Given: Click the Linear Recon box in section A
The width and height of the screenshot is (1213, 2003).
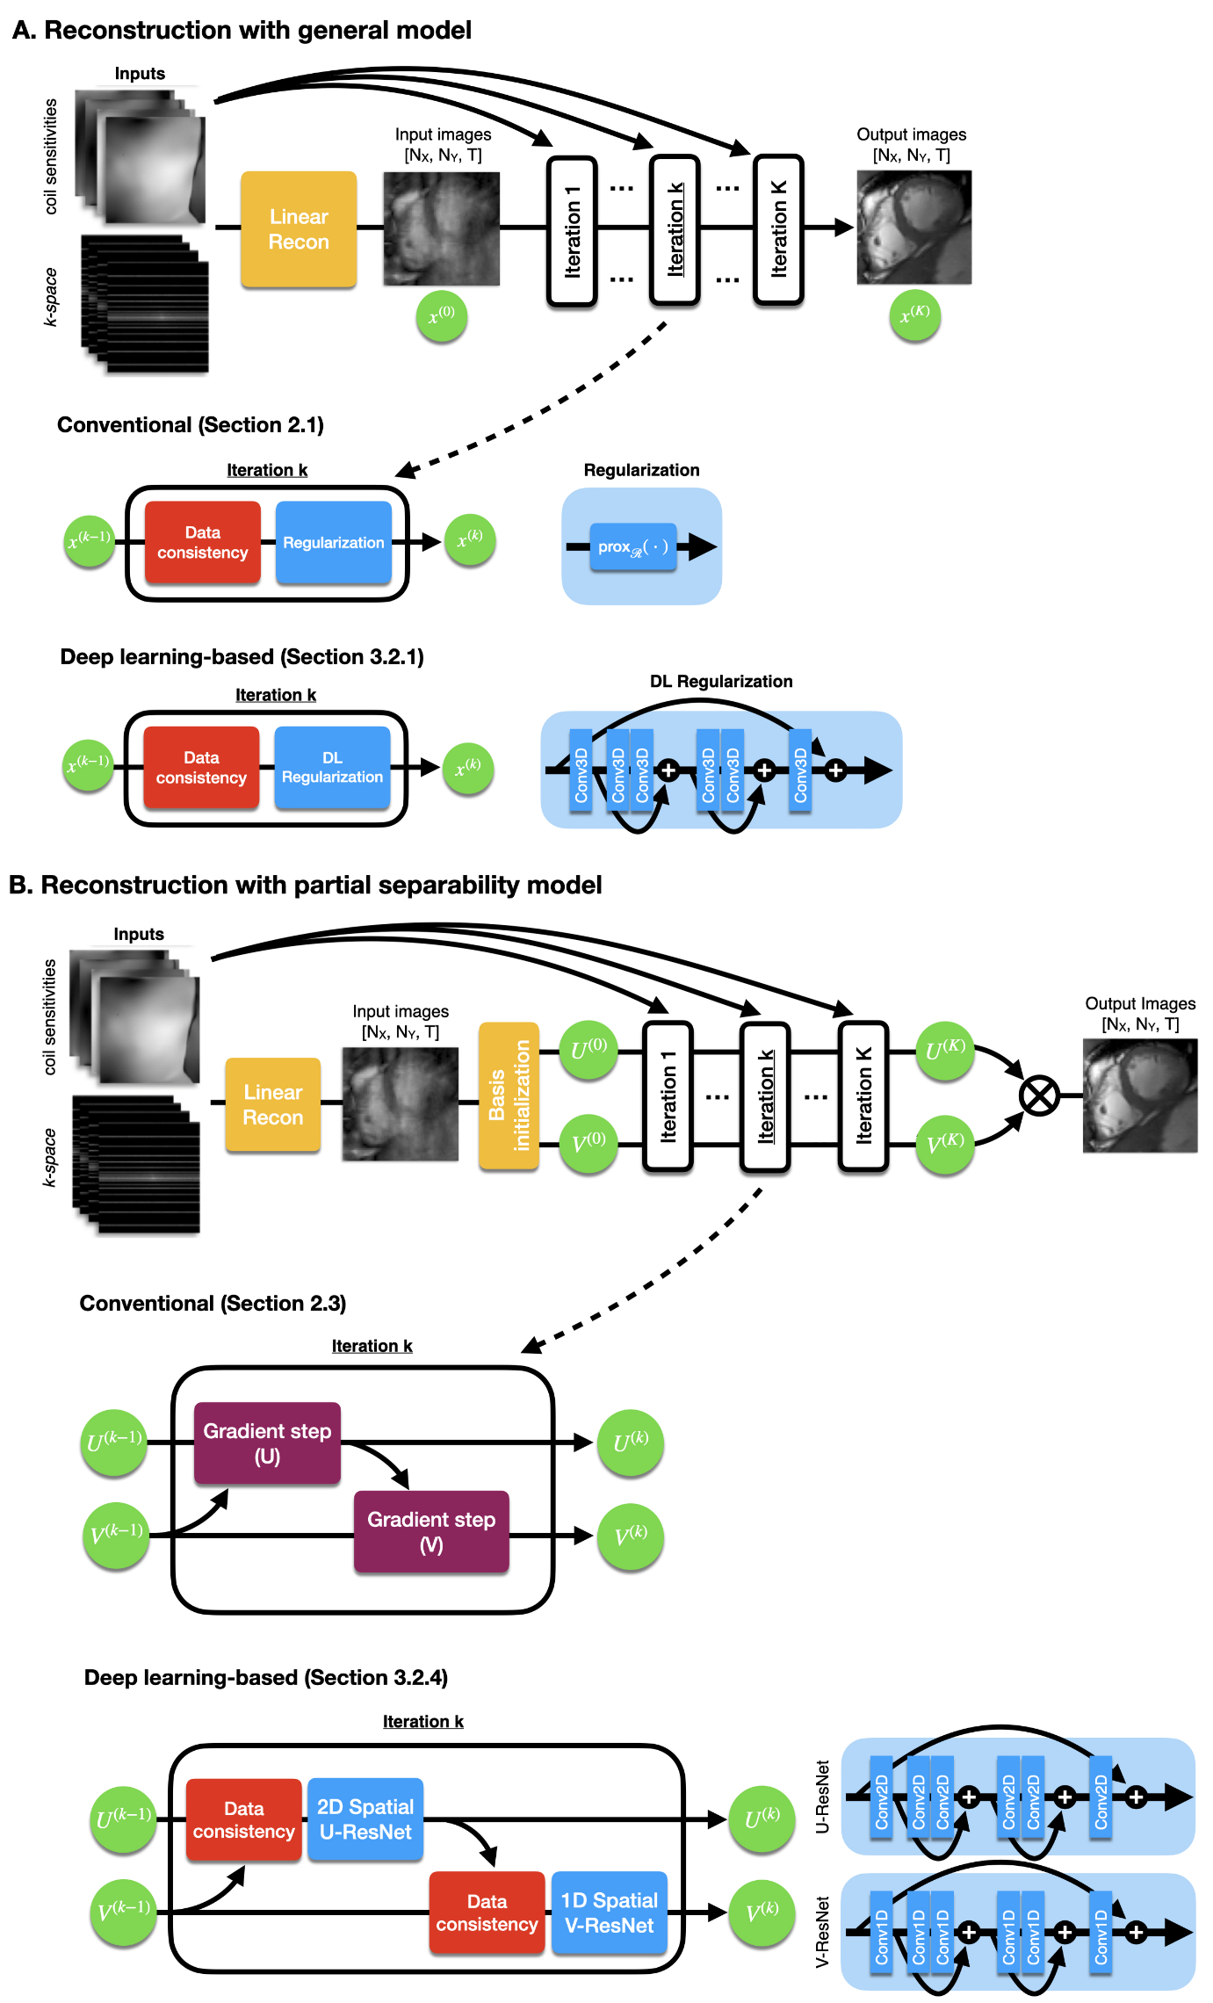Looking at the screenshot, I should [x=299, y=229].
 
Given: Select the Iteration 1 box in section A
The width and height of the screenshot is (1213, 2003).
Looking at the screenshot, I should [x=572, y=231].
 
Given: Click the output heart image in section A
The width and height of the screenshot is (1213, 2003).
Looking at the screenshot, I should [x=913, y=228].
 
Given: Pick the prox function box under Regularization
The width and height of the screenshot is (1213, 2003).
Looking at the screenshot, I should [x=632, y=547].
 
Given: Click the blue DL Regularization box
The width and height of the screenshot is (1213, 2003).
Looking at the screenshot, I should [x=332, y=768].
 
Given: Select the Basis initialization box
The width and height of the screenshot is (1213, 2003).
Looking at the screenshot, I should [x=509, y=1096].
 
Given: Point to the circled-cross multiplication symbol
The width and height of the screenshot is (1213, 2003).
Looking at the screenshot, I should [x=1039, y=1096].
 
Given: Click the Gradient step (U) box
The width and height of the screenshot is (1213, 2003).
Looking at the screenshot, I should [x=267, y=1443].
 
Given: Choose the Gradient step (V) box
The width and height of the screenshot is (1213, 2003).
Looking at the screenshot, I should [x=431, y=1531].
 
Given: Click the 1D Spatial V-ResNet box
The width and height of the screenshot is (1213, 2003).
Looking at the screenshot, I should [x=609, y=1913].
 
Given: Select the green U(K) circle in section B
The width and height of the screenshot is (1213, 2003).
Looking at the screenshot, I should [x=944, y=1050].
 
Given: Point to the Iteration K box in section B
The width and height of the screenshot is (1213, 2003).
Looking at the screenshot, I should [x=863, y=1096].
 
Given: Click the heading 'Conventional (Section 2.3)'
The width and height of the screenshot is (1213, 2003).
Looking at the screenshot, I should [x=213, y=1303].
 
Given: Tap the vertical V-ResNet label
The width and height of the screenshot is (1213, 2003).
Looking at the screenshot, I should [x=822, y=1932].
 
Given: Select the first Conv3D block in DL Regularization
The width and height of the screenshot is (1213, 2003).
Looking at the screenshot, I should [x=581, y=770].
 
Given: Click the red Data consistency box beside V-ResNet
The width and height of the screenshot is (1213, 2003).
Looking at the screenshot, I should [x=487, y=1913].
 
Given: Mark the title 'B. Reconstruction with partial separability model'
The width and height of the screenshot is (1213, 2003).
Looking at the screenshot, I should [x=305, y=885].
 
